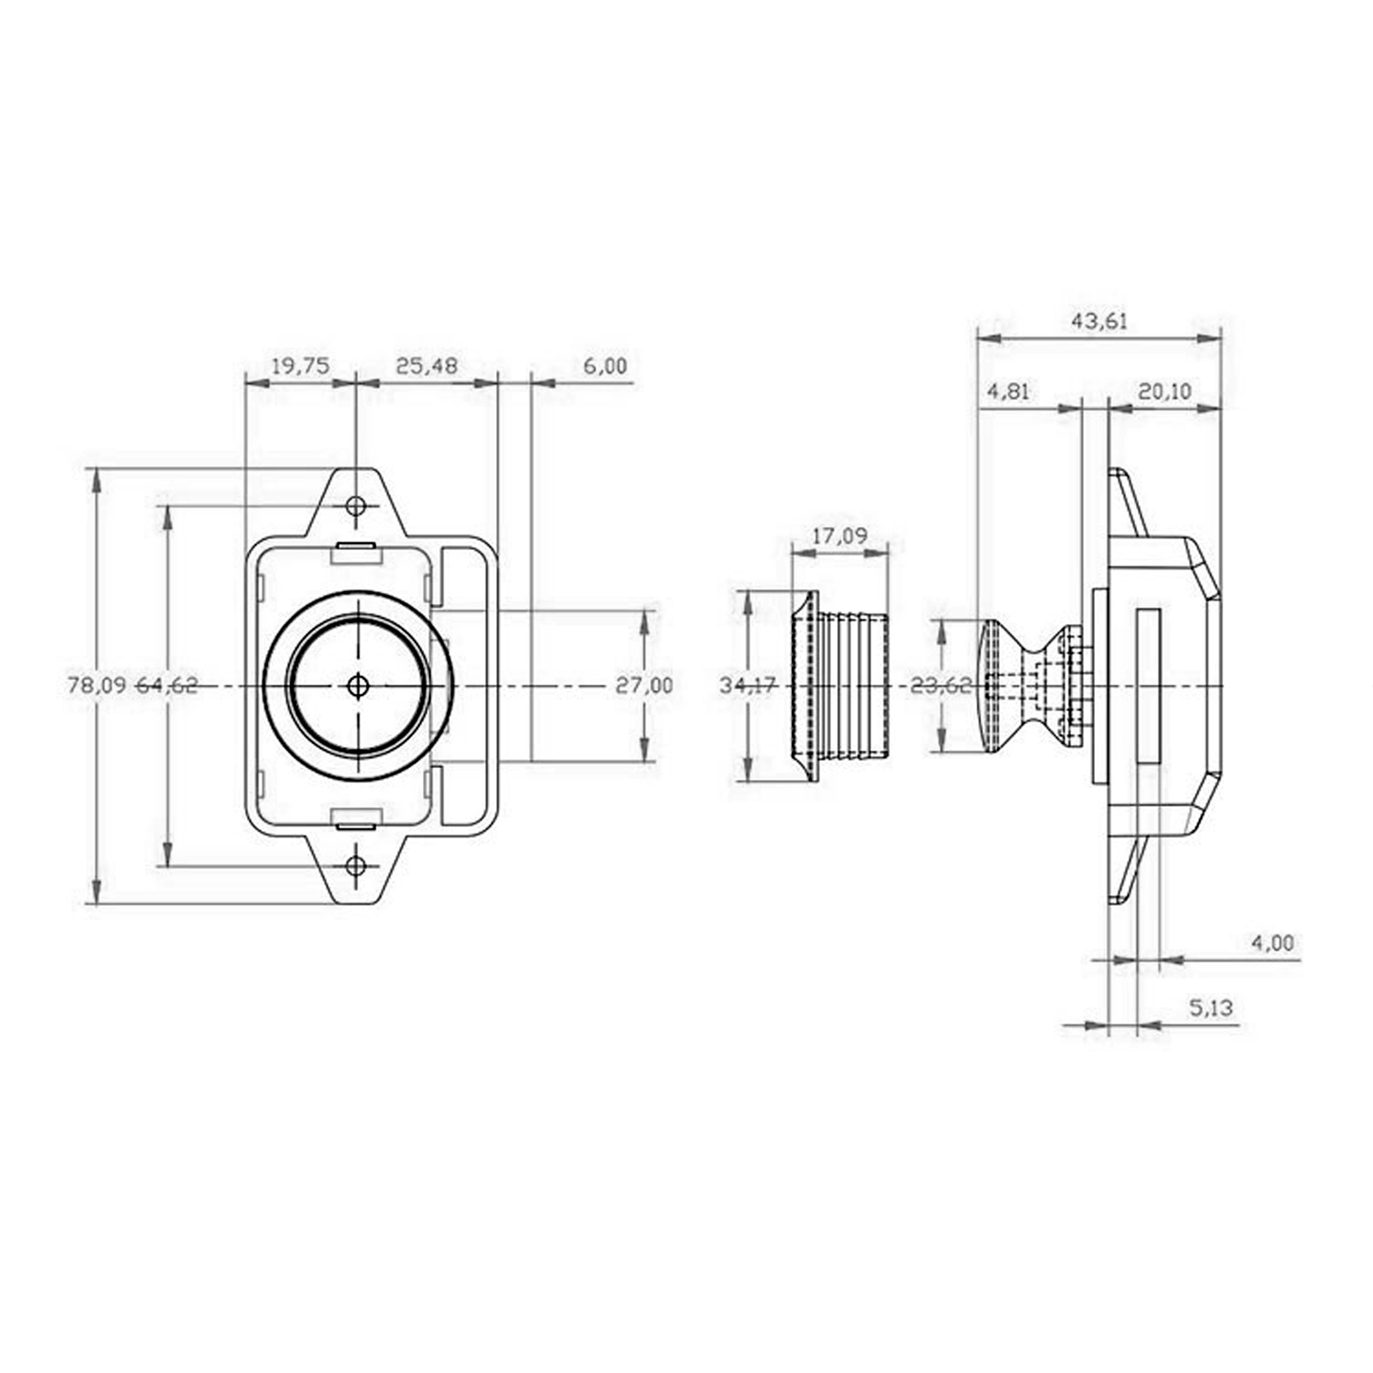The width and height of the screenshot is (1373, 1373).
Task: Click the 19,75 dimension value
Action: (300, 366)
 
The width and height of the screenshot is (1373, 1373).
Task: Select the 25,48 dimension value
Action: (426, 366)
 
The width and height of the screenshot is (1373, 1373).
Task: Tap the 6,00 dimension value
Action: (605, 366)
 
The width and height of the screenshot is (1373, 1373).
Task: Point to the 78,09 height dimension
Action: (97, 686)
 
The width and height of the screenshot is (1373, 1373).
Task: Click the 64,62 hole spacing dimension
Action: (167, 686)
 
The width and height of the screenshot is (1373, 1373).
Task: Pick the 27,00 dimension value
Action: (644, 686)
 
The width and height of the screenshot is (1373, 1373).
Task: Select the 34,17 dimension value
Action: (748, 686)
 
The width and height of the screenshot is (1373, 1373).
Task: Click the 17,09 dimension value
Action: (839, 536)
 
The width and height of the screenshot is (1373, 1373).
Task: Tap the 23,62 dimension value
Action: (941, 686)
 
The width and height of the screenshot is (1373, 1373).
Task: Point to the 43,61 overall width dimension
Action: (1099, 322)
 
